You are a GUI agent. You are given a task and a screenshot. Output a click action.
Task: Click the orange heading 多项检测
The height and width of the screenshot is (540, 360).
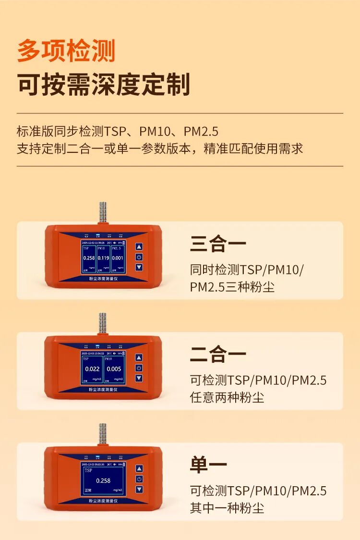(66, 51)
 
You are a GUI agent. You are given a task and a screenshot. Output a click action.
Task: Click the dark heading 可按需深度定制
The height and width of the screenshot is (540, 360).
(104, 85)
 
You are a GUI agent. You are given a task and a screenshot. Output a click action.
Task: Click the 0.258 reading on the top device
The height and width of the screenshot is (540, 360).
(89, 258)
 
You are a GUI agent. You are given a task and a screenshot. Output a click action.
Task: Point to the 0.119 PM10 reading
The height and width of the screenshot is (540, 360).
(103, 258)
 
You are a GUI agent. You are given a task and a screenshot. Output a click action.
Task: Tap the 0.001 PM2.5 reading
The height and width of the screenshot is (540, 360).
(118, 258)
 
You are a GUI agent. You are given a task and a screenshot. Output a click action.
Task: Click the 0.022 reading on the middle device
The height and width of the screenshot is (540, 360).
(92, 369)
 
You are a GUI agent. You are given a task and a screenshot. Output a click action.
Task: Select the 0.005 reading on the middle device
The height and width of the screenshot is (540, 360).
(114, 369)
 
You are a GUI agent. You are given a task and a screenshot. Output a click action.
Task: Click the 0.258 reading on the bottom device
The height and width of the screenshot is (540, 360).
(103, 480)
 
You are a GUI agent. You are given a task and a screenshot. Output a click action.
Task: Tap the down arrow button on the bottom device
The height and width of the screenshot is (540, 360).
(139, 489)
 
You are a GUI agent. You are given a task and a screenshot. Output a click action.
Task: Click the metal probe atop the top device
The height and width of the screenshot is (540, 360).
(102, 212)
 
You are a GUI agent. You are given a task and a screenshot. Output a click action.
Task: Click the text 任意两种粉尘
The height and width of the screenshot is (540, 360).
(227, 397)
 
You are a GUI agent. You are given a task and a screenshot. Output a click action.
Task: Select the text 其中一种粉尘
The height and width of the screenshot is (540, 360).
(227, 508)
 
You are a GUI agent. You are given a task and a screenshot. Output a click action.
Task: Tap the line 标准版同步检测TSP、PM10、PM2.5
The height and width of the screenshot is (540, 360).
(118, 131)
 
